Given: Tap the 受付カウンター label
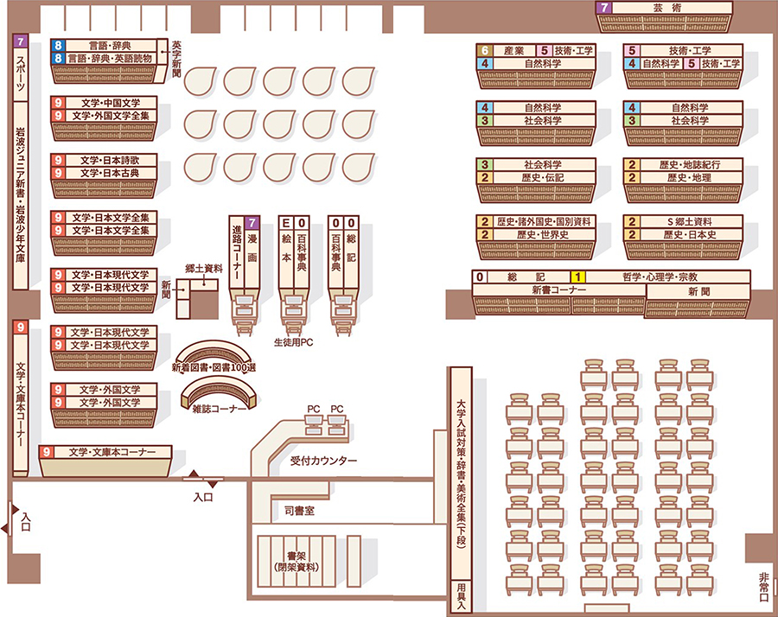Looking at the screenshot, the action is click(323, 461).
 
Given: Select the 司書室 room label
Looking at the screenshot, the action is click(299, 511).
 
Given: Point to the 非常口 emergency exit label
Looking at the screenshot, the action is click(763, 587).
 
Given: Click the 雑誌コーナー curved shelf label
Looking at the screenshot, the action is click(220, 409).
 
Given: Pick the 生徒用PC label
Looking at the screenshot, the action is click(293, 342).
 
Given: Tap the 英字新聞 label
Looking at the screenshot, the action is click(176, 59).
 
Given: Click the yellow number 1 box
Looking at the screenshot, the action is click(577, 277).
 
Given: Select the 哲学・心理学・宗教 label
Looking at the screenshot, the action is click(660, 277).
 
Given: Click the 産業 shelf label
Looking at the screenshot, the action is click(514, 51).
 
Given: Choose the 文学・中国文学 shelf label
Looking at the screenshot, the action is click(111, 103).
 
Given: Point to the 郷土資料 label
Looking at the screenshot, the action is click(204, 269).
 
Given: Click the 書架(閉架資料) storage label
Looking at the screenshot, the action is click(297, 562).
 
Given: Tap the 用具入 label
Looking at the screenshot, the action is click(462, 595).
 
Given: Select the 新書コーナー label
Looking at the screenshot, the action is click(558, 289).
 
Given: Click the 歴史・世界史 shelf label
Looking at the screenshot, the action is click(543, 234).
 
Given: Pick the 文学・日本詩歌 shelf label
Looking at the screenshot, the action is click(110, 160).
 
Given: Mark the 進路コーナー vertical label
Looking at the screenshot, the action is click(237, 253).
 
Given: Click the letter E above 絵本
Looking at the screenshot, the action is click(286, 223).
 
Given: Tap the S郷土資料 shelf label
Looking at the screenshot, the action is click(690, 222).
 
